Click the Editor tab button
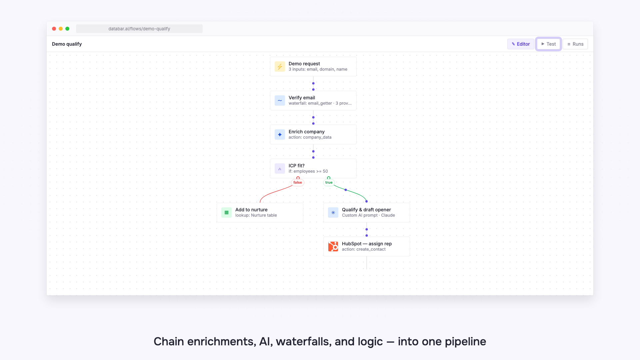521,44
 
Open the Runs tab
575,44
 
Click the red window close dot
54,29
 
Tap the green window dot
67,29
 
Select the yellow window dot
61,29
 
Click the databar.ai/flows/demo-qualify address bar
139,29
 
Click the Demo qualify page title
67,44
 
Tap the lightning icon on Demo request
280,67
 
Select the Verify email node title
302,98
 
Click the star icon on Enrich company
280,135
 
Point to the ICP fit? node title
297,166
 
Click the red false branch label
298,182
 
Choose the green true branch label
329,182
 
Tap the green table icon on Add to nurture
226,213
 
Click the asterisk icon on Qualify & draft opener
333,213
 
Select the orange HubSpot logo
333,247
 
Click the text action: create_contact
364,249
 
